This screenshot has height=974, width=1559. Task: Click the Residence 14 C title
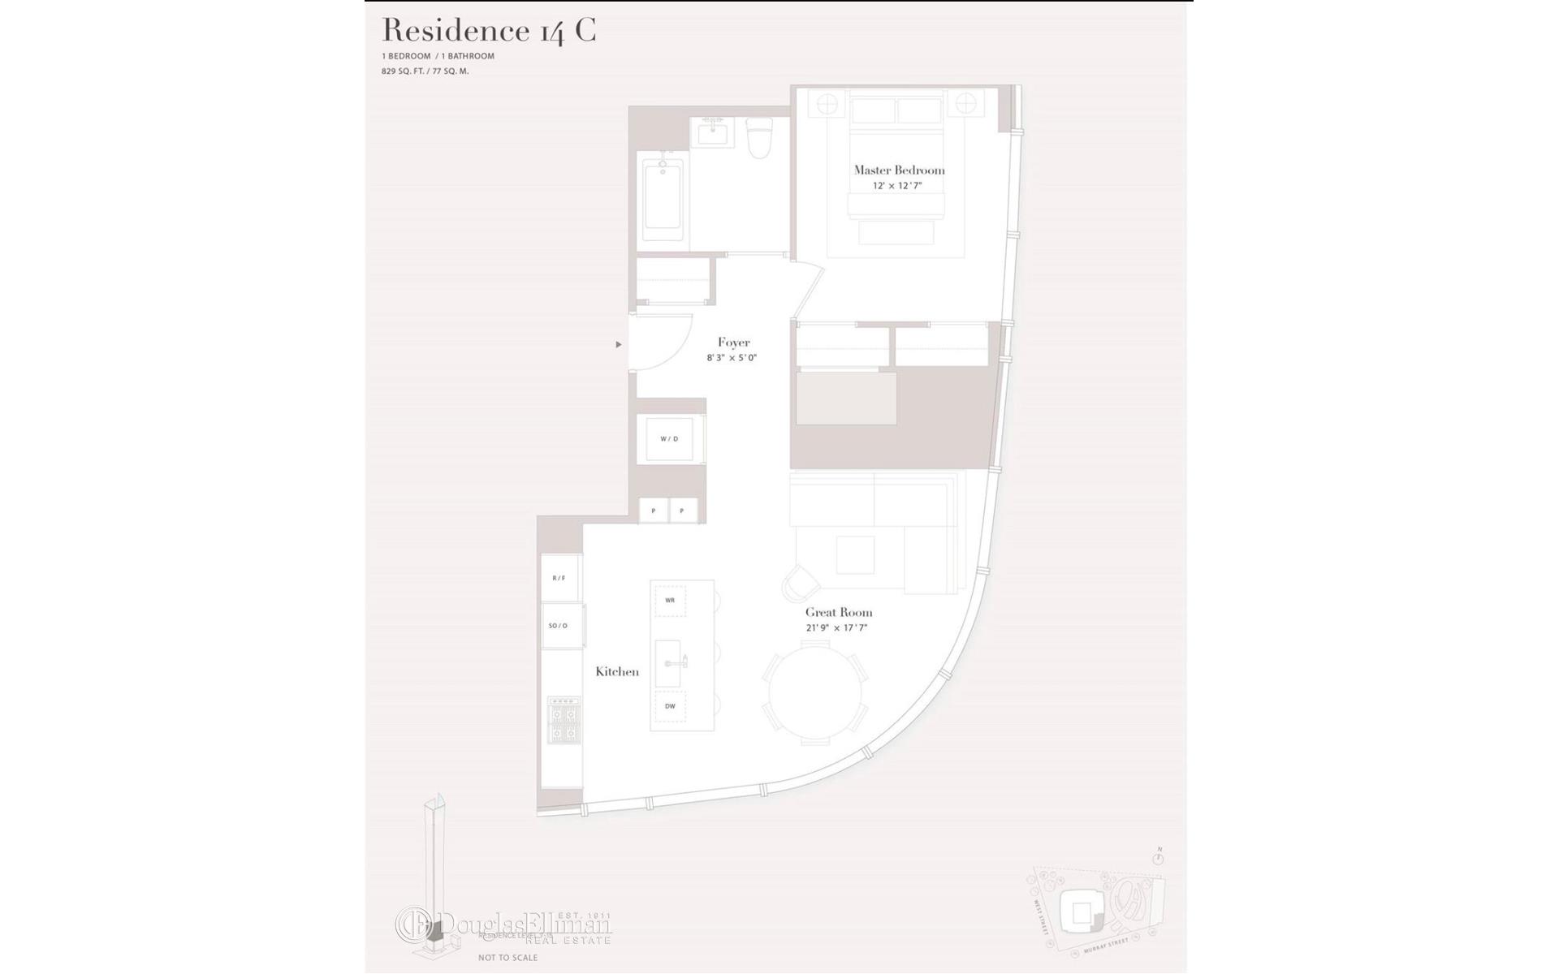(489, 31)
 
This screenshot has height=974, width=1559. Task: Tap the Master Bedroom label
(899, 170)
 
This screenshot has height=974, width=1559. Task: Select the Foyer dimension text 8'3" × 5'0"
(732, 358)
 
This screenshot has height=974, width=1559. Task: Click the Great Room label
(839, 613)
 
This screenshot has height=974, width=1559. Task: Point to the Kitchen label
(617, 672)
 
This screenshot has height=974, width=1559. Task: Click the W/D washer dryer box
(669, 439)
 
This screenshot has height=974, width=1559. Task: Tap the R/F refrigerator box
(559, 578)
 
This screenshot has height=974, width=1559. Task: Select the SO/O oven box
(559, 626)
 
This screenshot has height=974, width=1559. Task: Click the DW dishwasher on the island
(670, 706)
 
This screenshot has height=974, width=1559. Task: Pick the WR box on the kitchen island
(670, 601)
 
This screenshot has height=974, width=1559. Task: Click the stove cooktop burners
(563, 721)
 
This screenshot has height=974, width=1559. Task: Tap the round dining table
(815, 692)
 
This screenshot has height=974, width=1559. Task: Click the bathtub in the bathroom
(663, 199)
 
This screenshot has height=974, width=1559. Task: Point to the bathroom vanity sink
(713, 132)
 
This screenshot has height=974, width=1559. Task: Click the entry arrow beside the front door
(619, 345)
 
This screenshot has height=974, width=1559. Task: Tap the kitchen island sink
(669, 663)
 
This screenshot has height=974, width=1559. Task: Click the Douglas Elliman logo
(503, 925)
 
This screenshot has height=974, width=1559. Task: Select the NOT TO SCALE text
(507, 958)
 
